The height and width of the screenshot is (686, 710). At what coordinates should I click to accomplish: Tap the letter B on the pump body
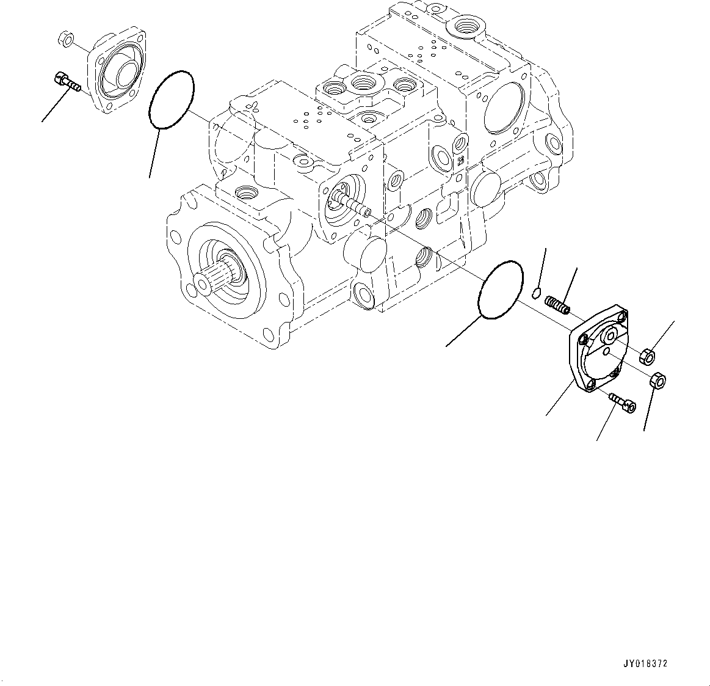click(x=460, y=161)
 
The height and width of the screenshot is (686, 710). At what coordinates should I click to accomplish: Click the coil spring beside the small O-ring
click(x=558, y=304)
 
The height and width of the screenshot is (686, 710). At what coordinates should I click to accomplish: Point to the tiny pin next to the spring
click(x=535, y=292)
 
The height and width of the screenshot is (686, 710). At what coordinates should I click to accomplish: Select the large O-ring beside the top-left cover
click(x=172, y=100)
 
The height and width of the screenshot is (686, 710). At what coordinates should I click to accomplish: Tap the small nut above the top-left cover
click(x=68, y=40)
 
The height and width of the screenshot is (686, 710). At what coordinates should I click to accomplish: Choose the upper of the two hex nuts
click(x=648, y=355)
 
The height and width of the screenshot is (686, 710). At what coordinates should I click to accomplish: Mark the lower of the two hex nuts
click(x=659, y=381)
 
